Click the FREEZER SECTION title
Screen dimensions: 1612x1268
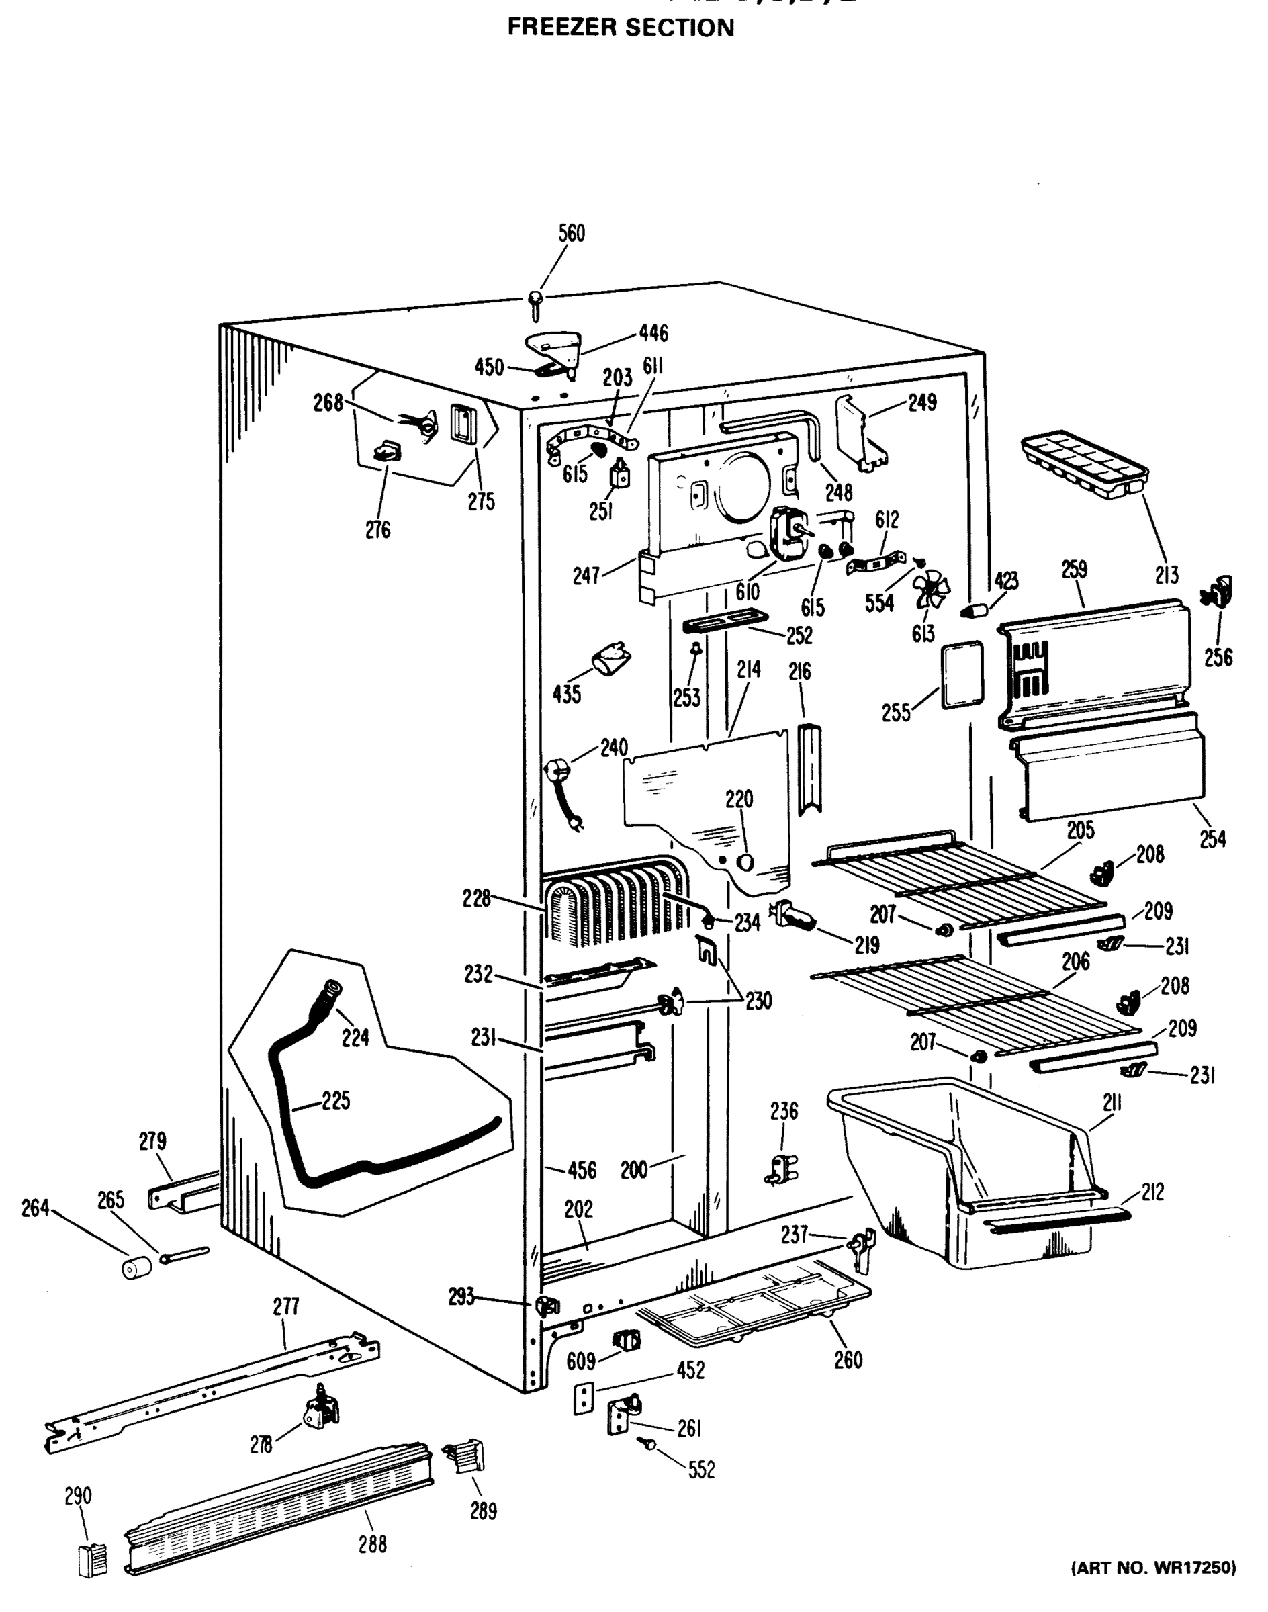(621, 28)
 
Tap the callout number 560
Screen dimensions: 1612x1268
(571, 233)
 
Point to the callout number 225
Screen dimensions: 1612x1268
(336, 1100)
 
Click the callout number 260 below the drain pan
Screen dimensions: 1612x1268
(848, 1360)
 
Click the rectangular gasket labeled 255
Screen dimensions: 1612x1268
(962, 676)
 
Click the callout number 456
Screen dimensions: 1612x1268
(582, 1171)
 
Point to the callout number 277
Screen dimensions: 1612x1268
(286, 1306)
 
